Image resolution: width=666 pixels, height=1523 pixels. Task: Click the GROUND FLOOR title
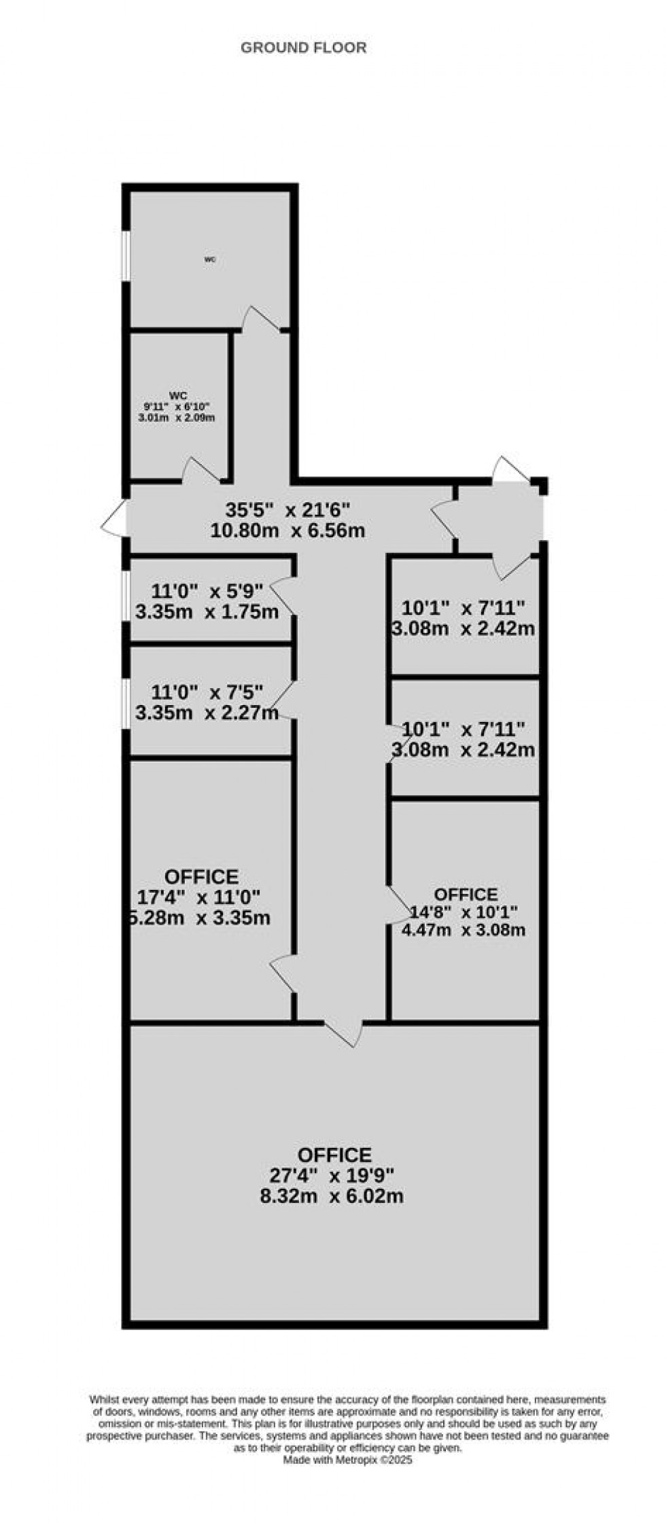click(303, 48)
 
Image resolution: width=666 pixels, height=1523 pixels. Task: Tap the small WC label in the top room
click(210, 259)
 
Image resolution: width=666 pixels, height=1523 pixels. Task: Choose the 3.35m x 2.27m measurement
click(207, 713)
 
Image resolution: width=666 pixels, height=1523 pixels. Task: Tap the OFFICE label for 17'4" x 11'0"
click(201, 877)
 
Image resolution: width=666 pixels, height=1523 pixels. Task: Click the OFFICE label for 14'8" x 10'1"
click(466, 894)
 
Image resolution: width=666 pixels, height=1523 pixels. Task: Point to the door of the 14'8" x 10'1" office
click(398, 904)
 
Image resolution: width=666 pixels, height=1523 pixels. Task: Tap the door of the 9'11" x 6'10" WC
click(203, 471)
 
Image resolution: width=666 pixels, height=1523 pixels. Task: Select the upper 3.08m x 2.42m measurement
click(463, 628)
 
